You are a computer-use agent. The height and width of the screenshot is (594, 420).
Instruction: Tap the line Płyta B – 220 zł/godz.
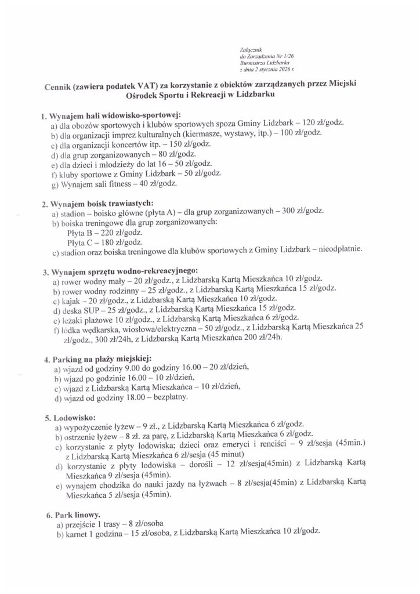point(97,231)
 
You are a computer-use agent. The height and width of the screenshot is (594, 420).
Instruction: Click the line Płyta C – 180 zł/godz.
point(97,241)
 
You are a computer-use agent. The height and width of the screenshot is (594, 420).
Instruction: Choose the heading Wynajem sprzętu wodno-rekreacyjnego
point(124,271)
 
